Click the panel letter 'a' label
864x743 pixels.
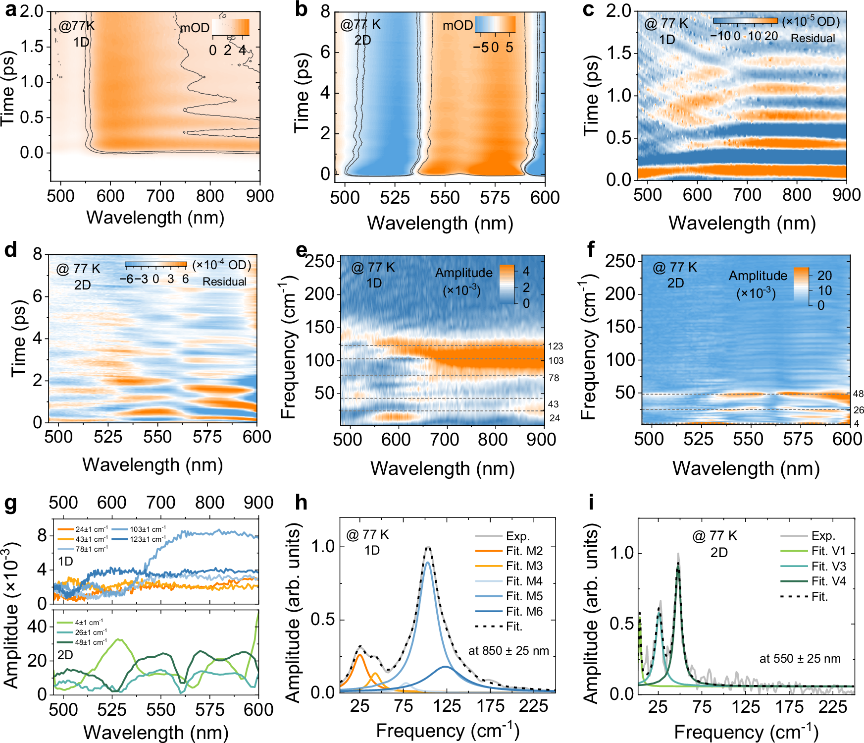(x=11, y=10)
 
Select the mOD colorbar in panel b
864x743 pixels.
(x=495, y=25)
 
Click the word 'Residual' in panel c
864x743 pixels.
(x=813, y=38)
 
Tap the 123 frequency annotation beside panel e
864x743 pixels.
(x=556, y=346)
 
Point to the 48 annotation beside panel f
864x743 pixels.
(x=858, y=394)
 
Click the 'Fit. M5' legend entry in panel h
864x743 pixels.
(x=524, y=596)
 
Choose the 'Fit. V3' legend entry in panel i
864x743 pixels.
(x=828, y=566)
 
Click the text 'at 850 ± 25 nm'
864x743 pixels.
(x=508, y=651)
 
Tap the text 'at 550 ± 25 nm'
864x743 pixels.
(x=800, y=659)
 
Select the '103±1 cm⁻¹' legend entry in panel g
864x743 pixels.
(x=148, y=529)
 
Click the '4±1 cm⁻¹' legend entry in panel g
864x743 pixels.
(x=89, y=622)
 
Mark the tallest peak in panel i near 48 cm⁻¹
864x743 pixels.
(x=678, y=555)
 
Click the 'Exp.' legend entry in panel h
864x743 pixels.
(x=517, y=536)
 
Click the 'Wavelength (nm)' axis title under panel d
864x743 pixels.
(x=152, y=464)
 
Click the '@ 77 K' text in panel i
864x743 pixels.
(x=714, y=536)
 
